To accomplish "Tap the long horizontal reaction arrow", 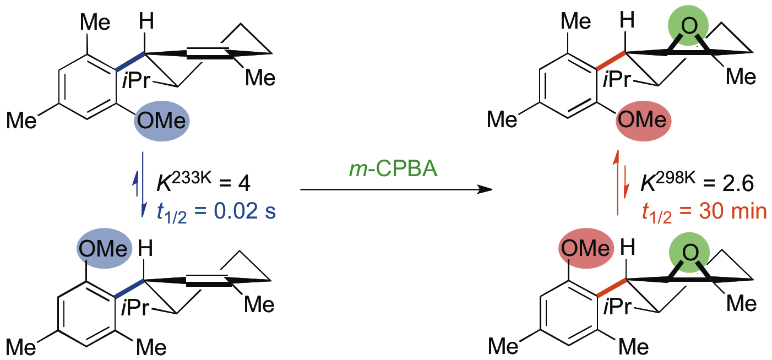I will click(x=395, y=190).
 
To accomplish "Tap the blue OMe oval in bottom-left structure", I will click(x=104, y=249).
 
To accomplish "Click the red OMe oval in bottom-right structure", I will click(x=586, y=249).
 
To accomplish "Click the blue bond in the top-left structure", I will click(x=130, y=61).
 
